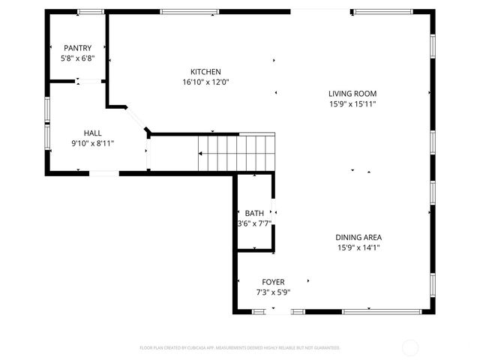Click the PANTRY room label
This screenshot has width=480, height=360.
coord(77,48)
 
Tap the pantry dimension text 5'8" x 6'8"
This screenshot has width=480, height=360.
coord(77,58)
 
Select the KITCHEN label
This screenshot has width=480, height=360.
coord(205,72)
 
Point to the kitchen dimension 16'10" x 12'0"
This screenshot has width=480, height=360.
coord(205,82)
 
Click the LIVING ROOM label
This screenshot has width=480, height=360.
coord(352,94)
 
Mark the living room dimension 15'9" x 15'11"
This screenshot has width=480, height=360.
coord(352,104)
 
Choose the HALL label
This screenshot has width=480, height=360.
coord(92,133)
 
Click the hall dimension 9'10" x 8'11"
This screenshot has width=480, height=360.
coord(92,143)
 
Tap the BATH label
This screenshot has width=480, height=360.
coord(254,213)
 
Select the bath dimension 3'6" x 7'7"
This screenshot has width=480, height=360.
coord(254,223)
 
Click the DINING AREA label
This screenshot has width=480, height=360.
coord(358,237)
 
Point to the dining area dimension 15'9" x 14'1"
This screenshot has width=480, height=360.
coord(358,247)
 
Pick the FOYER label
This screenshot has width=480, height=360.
coord(273,282)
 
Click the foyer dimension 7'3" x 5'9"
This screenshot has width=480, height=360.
coord(273,292)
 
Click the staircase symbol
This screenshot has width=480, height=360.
coord(236,152)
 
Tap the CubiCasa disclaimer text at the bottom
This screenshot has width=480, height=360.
coord(240,347)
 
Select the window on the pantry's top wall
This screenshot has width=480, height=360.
coord(91,12)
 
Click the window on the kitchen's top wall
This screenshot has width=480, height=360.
coord(184,12)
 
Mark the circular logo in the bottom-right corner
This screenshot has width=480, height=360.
coord(410,347)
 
